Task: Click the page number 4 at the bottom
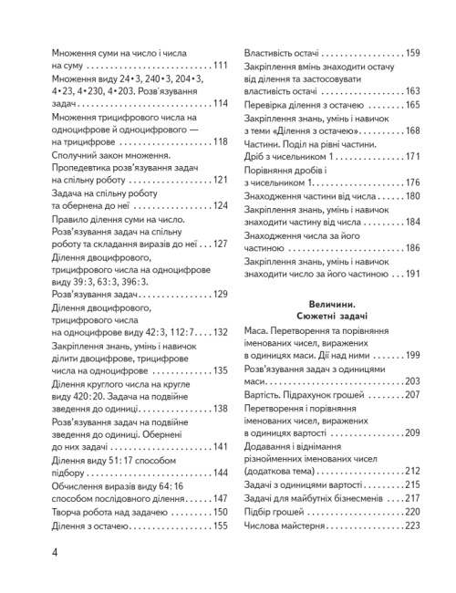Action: pos(32,553)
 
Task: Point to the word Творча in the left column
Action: pos(68,512)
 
